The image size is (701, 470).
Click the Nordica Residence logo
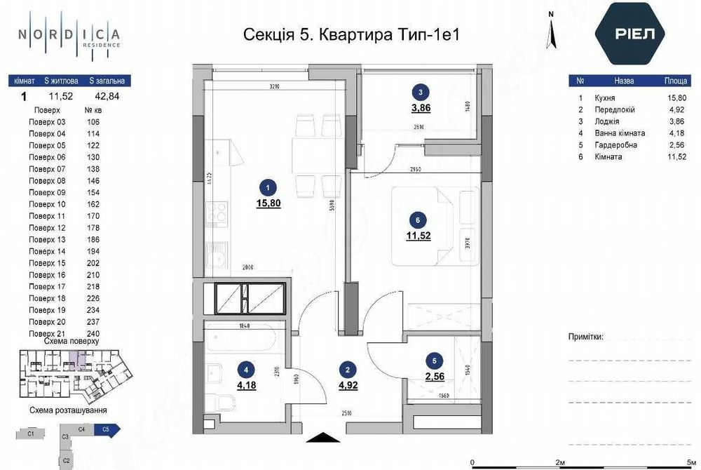[x=69, y=35]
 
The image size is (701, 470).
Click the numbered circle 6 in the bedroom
[x=418, y=220]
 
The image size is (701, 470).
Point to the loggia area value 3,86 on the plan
[x=420, y=109]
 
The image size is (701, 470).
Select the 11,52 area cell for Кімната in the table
[x=676, y=156]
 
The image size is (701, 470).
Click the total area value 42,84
[x=107, y=98]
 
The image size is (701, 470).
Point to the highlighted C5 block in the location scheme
[x=108, y=429]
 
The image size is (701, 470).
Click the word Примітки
[x=585, y=337]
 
